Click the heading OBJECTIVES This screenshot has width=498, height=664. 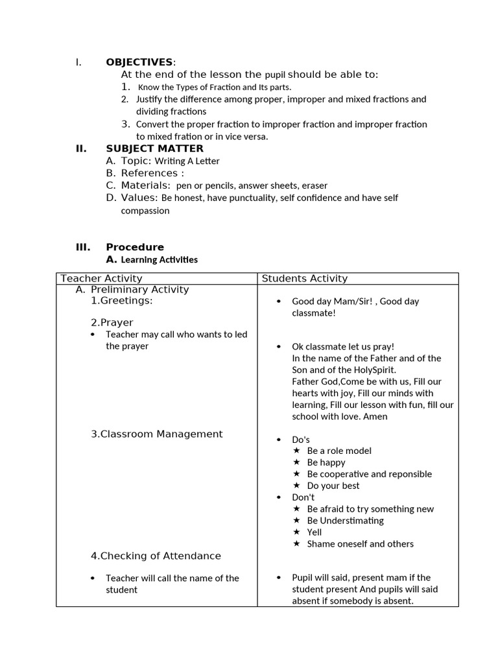coord(139,62)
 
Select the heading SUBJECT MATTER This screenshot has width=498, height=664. coord(154,148)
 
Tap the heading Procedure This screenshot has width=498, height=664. coord(135,247)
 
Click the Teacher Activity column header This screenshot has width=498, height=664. coord(101,278)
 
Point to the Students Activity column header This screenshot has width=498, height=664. coord(304,278)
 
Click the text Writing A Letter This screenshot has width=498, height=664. coord(187,161)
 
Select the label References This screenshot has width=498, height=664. coord(149,173)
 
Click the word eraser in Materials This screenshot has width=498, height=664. coord(314,185)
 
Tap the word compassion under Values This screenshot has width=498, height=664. coord(145,211)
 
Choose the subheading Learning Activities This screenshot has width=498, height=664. coord(160,260)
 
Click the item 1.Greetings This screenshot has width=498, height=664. coord(122,301)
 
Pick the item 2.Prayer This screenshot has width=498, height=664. coord(112,322)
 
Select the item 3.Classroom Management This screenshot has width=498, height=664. coord(156,434)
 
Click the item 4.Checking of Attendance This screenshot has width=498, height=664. coord(156,556)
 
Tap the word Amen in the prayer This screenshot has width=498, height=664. coord(375,416)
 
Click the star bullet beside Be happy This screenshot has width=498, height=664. coord(296,462)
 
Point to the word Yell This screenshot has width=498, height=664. coord(314,532)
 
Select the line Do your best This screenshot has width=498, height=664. coord(333,486)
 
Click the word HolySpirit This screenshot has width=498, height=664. coord(372,370)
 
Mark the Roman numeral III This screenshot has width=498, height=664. coord(82,247)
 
